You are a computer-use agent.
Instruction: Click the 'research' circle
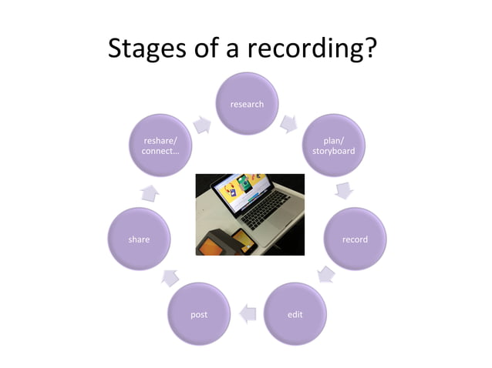coord(247,104)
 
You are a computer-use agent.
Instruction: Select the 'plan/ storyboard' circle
coord(333,146)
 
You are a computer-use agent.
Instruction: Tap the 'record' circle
coord(355,239)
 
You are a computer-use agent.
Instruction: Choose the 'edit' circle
coord(295,314)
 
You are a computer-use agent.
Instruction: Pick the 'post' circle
coord(199,314)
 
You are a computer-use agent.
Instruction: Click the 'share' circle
coord(139,239)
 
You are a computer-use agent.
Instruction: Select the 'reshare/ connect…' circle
coord(160,146)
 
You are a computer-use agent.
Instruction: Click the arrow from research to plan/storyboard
coord(289,122)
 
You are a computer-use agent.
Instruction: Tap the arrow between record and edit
coord(327,273)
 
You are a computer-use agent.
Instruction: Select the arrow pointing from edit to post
coord(247,313)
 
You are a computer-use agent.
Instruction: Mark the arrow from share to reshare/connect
coord(150,192)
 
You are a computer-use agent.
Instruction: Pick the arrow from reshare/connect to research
coord(202,124)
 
